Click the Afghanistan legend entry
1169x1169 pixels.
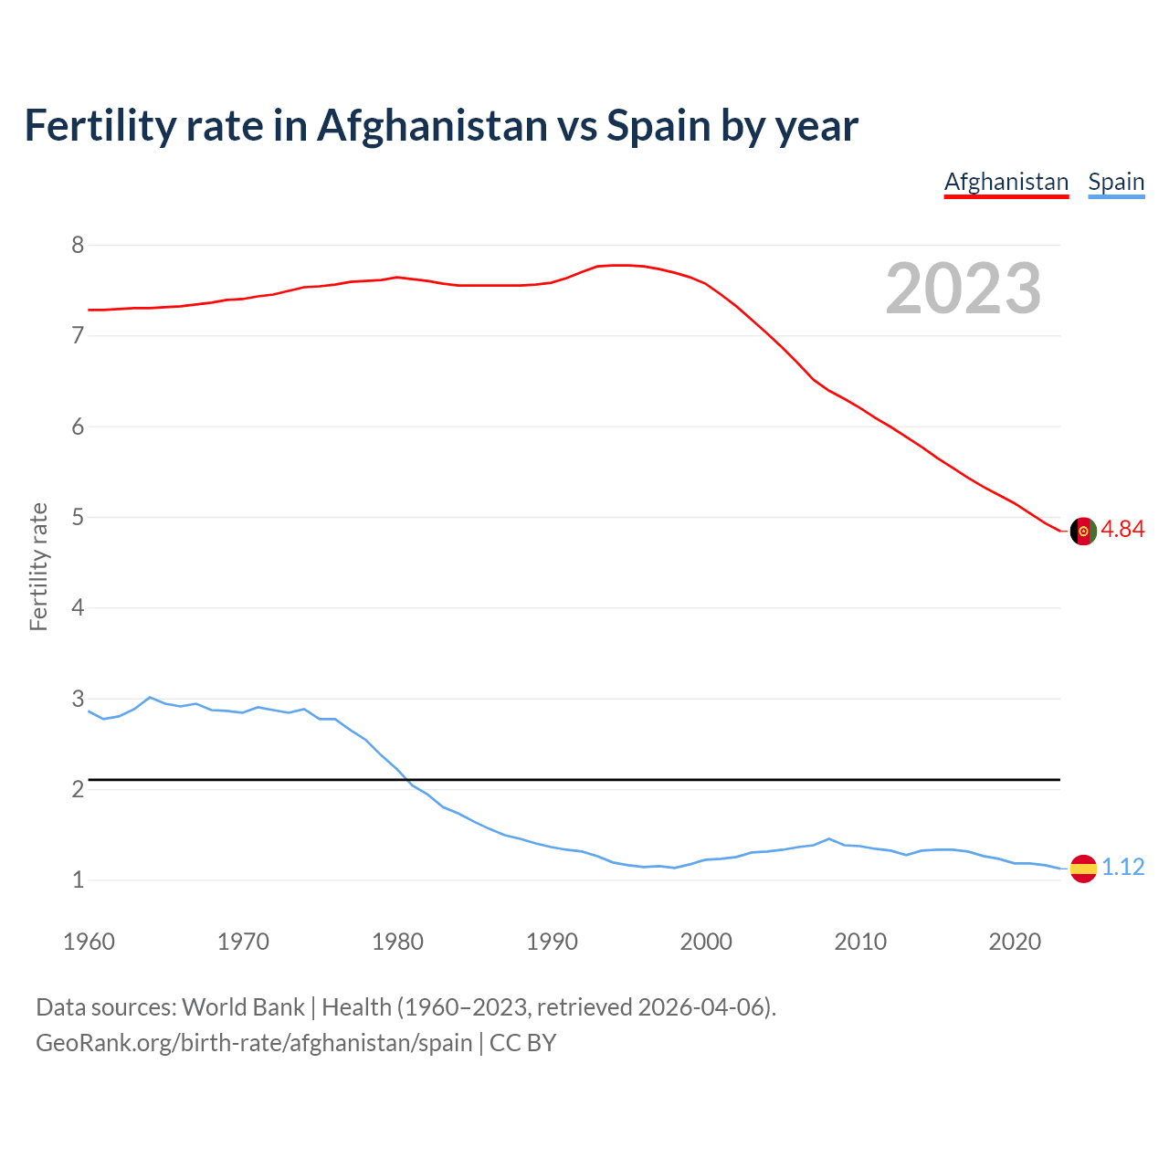pos(1006,182)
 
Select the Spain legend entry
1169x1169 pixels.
pos(1116,182)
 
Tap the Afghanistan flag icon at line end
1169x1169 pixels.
pos(1083,531)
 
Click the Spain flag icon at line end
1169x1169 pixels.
pos(1083,868)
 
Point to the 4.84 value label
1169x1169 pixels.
pos(1122,530)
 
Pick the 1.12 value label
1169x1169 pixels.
pos(1122,867)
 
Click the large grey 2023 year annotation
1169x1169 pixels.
pos(964,289)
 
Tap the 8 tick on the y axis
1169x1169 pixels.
pos(78,245)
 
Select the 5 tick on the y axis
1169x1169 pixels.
pos(78,518)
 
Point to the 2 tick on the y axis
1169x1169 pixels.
pos(78,790)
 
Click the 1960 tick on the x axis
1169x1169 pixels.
pos(89,942)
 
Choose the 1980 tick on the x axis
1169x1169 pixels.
pos(397,942)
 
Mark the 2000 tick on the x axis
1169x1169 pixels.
pos(706,942)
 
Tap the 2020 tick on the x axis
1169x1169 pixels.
pos(1015,942)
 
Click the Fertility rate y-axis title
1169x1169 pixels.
pos(38,566)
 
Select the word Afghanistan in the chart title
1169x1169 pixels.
pos(432,126)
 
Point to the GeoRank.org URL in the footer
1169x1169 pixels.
pos(254,1043)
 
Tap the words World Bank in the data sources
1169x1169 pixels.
pos(243,1007)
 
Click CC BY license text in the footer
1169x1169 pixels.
pos(523,1043)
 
